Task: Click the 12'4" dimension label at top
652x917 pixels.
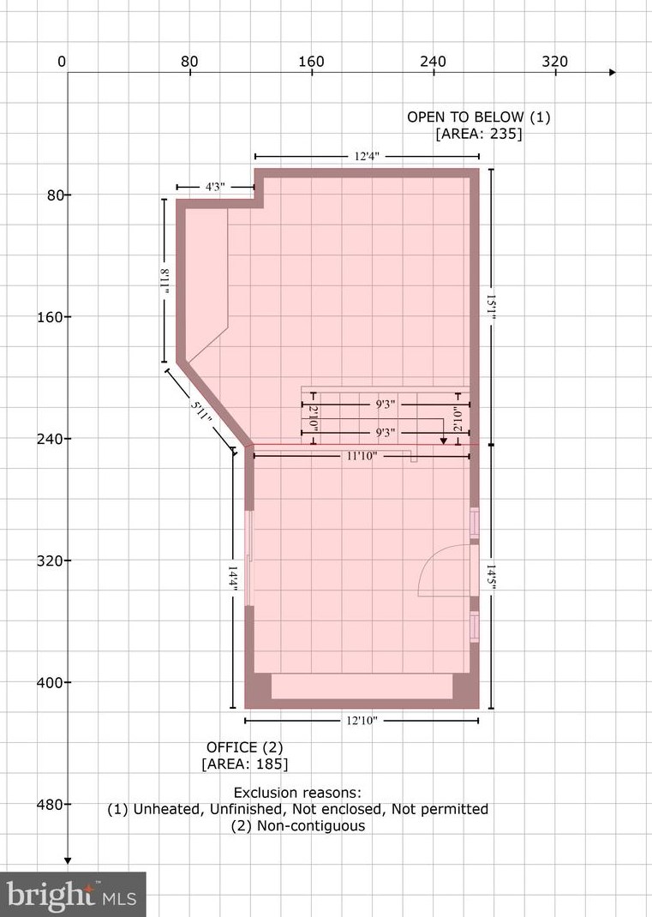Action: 366,157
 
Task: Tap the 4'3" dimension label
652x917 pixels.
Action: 214,187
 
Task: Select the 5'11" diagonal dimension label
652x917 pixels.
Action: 200,410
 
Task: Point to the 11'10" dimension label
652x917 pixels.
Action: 362,457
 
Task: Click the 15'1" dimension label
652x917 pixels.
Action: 491,307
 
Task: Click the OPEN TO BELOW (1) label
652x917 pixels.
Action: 478,117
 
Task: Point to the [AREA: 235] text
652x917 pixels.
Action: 478,134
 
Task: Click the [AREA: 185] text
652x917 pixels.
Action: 244,764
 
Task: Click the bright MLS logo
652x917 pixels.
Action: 73,895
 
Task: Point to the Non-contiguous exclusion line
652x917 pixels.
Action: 297,826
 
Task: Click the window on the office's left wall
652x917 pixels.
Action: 249,558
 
